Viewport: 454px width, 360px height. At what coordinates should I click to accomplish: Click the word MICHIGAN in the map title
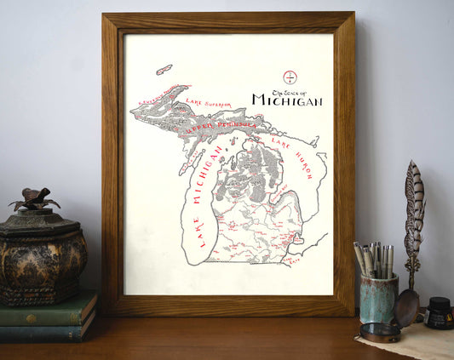pyautogui.click(x=287, y=101)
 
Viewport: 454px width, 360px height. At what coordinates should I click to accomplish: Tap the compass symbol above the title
pyautogui.click(x=290, y=77)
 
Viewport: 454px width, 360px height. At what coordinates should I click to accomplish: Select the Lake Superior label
pyautogui.click(x=208, y=104)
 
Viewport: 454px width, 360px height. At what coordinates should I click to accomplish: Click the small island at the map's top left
pyautogui.click(x=164, y=69)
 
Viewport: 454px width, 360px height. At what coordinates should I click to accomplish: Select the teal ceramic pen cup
pyautogui.click(x=378, y=297)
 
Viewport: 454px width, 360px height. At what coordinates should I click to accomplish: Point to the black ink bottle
pyautogui.click(x=440, y=312)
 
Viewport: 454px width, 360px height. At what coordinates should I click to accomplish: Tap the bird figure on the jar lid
pyautogui.click(x=34, y=199)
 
